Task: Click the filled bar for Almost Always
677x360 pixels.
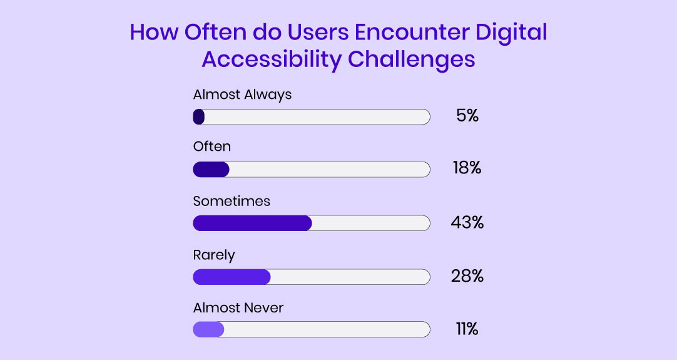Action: pos(199,117)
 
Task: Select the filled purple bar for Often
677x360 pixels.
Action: pos(211,170)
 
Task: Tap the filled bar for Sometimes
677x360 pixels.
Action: pos(252,224)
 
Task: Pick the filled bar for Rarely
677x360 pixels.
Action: pos(232,277)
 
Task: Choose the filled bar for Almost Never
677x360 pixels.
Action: pos(208,329)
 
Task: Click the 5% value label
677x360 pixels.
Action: pos(467,116)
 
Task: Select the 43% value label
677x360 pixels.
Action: pos(467,222)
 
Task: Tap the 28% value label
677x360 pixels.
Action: pos(467,276)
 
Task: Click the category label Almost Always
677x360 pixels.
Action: pos(242,95)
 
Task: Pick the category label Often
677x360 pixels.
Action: pos(211,147)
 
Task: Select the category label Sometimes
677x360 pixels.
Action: pos(232,202)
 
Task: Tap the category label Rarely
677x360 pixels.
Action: pos(214,255)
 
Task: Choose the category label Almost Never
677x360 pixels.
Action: pos(238,308)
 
